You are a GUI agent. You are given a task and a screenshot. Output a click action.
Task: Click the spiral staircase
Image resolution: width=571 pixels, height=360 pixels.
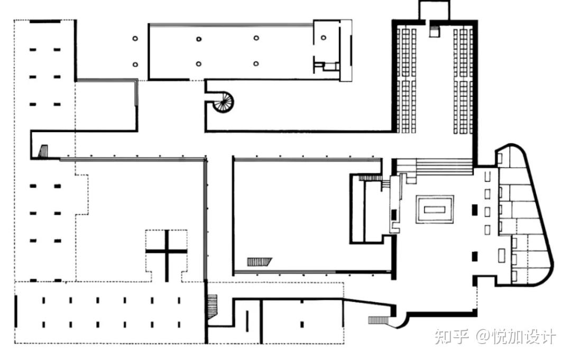(x=223, y=101)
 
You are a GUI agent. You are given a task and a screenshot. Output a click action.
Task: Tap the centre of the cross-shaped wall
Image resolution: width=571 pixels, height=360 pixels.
(x=167, y=251)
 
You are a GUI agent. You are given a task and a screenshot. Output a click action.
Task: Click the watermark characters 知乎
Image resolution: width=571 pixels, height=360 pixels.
(x=451, y=337)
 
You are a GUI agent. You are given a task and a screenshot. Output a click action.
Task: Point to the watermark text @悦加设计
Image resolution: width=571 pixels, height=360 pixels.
(x=515, y=337)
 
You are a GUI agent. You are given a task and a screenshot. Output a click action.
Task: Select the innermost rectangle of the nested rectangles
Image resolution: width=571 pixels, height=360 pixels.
(x=435, y=210)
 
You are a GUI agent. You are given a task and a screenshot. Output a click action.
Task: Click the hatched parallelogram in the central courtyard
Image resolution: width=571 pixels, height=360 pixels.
(x=260, y=262)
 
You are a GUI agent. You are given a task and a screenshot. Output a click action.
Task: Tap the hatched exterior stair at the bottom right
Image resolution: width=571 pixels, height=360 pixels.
(x=379, y=320)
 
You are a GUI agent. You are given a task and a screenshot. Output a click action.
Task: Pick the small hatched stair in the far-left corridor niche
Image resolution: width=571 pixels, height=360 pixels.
(x=43, y=151)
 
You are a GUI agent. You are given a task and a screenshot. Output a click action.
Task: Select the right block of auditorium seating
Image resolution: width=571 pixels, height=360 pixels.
(x=463, y=81)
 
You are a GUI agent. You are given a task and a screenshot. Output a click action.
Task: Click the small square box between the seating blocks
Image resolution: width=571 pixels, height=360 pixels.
(x=435, y=31)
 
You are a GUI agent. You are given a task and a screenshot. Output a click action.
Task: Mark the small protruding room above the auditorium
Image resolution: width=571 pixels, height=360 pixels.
(x=435, y=10)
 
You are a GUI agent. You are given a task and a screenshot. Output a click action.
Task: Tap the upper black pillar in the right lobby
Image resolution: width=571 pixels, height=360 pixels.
(x=474, y=209)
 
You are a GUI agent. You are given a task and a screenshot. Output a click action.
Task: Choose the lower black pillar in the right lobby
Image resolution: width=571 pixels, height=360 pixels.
(x=474, y=256)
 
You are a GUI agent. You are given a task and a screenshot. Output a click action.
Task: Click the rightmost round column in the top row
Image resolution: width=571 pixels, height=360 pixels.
(x=324, y=38)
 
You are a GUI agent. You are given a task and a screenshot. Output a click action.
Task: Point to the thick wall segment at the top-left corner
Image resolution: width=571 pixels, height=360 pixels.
(x=45, y=22)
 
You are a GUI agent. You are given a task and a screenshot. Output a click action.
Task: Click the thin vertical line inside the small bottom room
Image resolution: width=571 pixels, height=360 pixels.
(x=247, y=321)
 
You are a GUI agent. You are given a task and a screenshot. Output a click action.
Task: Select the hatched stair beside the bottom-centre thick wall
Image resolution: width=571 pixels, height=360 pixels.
(x=213, y=306)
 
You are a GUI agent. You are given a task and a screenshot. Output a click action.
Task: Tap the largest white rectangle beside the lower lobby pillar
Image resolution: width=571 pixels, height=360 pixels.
(x=502, y=255)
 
